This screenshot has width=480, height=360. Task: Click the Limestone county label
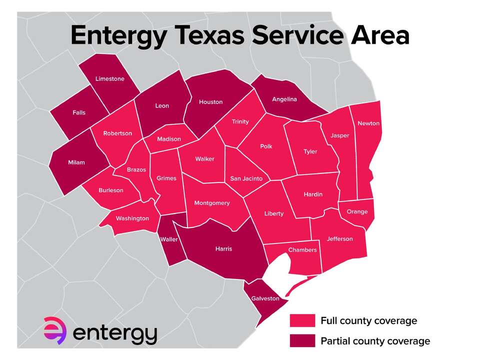click(x=110, y=79)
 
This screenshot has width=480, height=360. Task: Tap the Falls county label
click(x=78, y=112)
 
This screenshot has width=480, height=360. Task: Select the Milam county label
click(x=76, y=162)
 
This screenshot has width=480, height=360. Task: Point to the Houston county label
click(x=210, y=102)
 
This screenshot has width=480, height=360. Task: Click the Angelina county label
click(x=284, y=99)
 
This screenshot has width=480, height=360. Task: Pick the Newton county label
click(x=368, y=123)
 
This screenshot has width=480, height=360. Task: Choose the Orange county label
click(x=357, y=211)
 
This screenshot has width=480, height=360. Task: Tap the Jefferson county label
click(x=339, y=238)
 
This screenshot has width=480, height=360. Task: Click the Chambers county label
click(x=302, y=250)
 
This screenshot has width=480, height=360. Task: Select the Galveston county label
click(x=265, y=298)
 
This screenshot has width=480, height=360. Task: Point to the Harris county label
click(x=223, y=248)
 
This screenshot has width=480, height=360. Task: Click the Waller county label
click(x=169, y=239)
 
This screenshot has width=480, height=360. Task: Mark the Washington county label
click(x=132, y=218)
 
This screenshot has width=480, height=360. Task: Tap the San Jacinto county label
click(x=246, y=178)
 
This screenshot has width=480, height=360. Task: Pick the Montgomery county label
click(x=212, y=203)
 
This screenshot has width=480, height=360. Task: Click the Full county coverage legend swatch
click(x=302, y=320)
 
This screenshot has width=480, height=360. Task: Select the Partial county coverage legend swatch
click(x=302, y=341)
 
